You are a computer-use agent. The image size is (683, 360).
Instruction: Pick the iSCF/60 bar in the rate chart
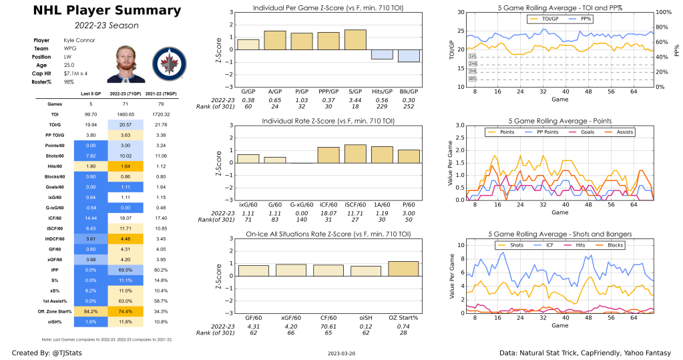[x=355, y=154]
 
